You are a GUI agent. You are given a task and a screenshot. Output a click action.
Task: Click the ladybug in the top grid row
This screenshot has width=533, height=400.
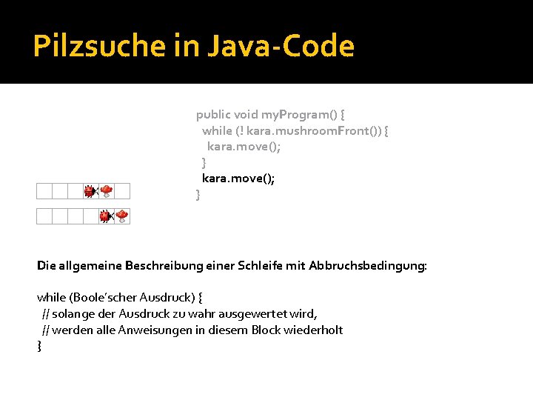click(x=90, y=191)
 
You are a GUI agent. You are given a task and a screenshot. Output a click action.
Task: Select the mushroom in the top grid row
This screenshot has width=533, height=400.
click(x=107, y=191)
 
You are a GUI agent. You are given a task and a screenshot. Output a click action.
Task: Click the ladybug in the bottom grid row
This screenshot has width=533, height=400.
click(x=105, y=216)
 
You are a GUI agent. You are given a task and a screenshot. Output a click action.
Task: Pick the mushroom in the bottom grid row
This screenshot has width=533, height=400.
click(x=122, y=216)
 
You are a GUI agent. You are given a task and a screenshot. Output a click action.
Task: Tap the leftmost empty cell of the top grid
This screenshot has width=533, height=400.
click(x=44, y=191)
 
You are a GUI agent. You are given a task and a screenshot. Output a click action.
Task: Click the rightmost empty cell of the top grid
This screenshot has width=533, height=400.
click(x=122, y=191)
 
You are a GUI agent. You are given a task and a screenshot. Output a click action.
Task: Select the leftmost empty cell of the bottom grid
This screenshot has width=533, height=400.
click(x=44, y=216)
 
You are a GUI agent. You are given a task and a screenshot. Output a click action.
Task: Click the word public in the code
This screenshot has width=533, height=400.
click(x=213, y=115)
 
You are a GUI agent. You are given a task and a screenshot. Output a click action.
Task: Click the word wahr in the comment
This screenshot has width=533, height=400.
click(x=208, y=314)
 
